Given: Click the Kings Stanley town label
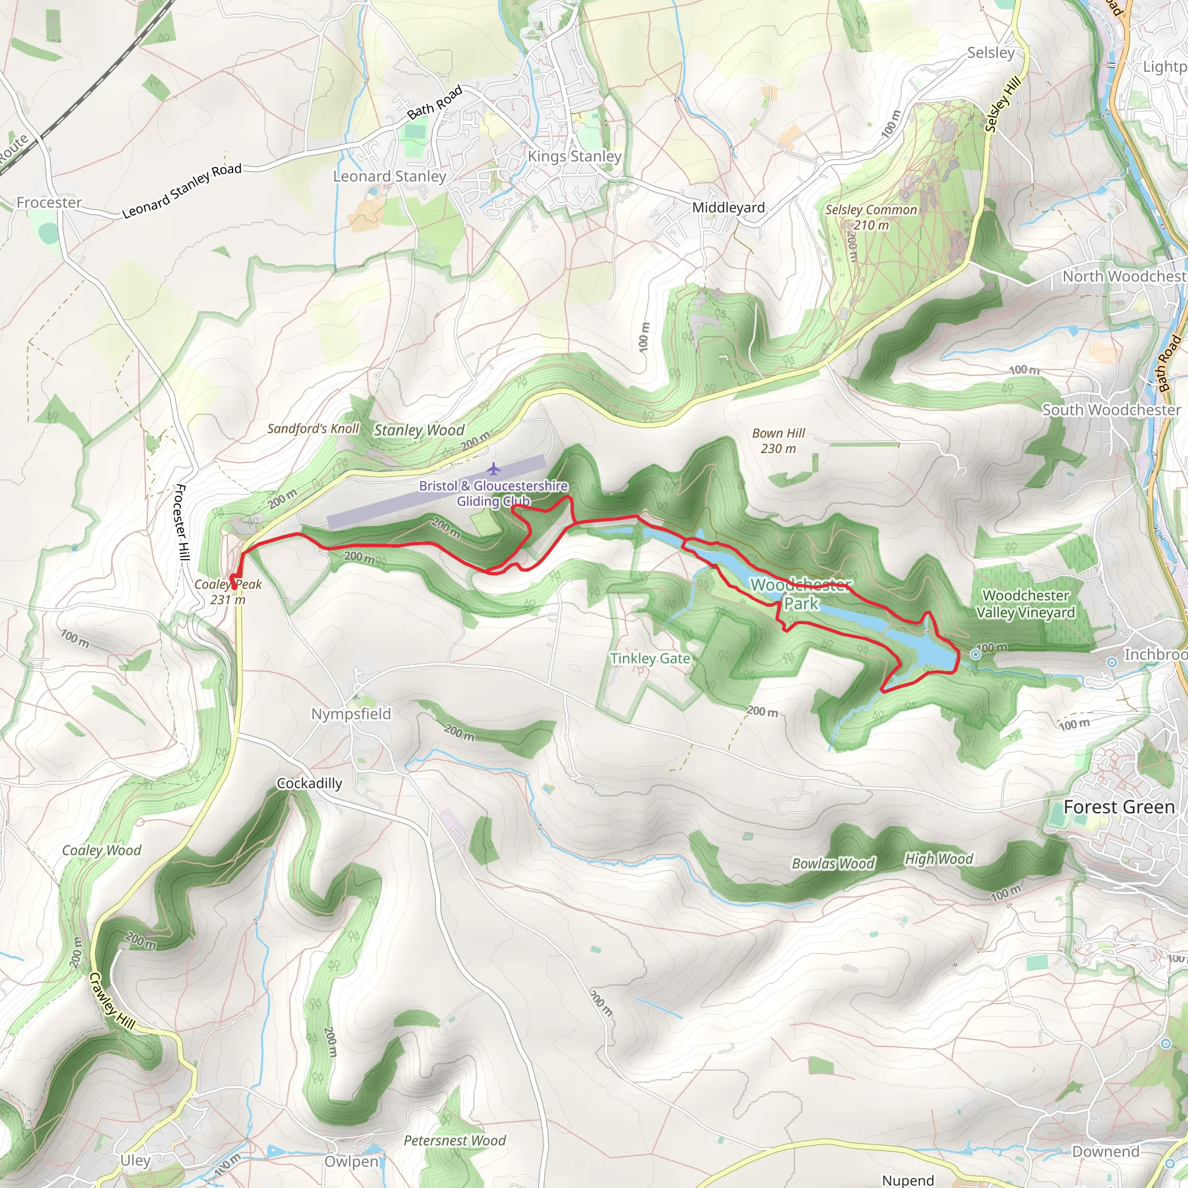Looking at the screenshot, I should click(574, 156).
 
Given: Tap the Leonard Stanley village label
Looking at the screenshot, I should click(389, 176).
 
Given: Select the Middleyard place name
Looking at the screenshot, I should click(728, 208).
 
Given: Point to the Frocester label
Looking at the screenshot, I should click(49, 202).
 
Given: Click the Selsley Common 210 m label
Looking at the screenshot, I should click(871, 218).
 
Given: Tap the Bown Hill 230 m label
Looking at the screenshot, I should click(778, 441).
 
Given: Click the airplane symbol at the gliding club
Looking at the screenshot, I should click(493, 470).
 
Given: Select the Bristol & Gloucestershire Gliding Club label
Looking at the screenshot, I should click(493, 493).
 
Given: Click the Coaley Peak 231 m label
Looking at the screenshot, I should click(228, 592).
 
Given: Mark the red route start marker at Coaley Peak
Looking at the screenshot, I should click(234, 586).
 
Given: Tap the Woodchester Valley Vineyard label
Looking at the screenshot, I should click(1025, 604).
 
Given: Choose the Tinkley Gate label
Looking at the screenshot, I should click(650, 658).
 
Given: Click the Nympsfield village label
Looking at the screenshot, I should click(350, 714).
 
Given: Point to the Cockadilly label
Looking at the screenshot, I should click(309, 783).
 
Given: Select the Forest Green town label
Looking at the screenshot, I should click(1118, 807).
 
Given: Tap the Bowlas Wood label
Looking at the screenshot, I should click(832, 864).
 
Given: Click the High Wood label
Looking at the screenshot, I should click(939, 859).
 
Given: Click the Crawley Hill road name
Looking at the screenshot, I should click(111, 1001).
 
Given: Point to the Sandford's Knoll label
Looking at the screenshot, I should click(313, 429).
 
